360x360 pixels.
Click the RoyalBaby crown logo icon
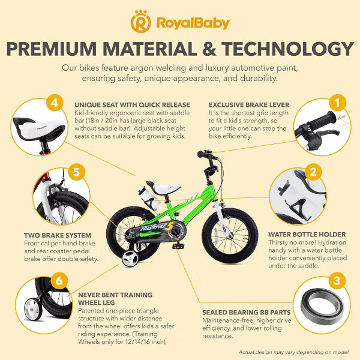click(141, 22)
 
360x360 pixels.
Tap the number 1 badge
click(337, 103)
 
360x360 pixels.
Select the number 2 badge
click(313, 172)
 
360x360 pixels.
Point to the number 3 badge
click(337, 280)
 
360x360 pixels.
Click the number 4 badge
click(55, 103)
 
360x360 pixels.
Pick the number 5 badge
click(76, 172)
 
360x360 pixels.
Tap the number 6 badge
click(59, 280)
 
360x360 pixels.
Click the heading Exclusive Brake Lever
click(249, 105)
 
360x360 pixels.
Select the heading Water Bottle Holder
click(307, 235)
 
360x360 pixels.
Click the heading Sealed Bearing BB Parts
click(247, 313)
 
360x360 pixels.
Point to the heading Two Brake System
click(58, 235)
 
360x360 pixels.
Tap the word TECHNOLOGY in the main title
click(288, 49)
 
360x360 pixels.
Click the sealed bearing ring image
click(322, 307)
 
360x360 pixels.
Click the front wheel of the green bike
click(230, 236)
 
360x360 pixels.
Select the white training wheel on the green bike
click(130, 259)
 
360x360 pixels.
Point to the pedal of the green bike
click(178, 245)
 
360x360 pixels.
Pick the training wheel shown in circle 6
click(33, 309)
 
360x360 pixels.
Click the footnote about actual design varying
click(293, 352)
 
